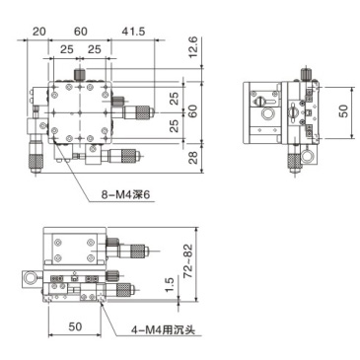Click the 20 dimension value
coord(38,33)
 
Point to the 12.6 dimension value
coord(192,44)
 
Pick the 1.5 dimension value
coord(170,286)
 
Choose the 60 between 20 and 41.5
coord(81,33)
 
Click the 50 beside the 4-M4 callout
coord(74,324)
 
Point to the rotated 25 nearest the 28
coord(174,125)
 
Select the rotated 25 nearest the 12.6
coord(174,99)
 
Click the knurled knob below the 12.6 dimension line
coord(79,75)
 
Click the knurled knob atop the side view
coord(306,72)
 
